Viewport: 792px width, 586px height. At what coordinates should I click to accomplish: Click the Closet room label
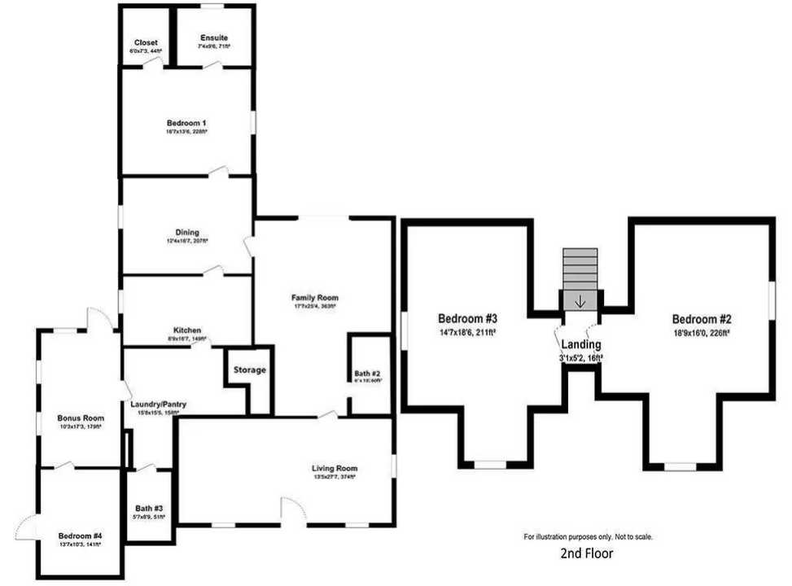[x=147, y=42]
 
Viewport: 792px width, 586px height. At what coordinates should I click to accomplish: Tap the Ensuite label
[x=214, y=38]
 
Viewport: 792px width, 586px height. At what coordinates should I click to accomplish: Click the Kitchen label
[x=187, y=330]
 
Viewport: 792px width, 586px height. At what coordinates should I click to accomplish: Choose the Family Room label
[x=315, y=298]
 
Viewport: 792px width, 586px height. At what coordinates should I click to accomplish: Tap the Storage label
[x=250, y=370]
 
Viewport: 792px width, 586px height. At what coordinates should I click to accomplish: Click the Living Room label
[x=335, y=469]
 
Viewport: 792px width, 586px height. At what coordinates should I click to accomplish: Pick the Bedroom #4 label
[x=80, y=536]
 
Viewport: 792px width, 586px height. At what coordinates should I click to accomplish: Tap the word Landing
[x=581, y=345]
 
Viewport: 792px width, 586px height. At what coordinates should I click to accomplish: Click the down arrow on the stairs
[x=580, y=301]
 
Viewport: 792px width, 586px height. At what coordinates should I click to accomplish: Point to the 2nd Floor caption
[x=587, y=554]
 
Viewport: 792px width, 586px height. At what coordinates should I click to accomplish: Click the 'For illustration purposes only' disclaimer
[x=587, y=537]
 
